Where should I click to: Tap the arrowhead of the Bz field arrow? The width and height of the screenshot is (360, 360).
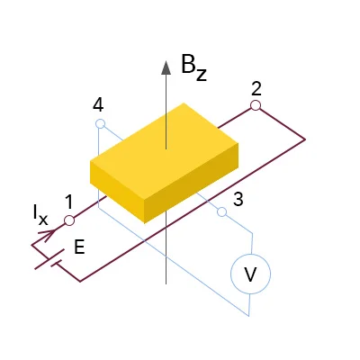tap(166, 67)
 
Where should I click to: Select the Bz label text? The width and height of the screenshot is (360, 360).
tap(193, 67)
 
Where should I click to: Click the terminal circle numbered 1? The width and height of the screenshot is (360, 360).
tap(69, 220)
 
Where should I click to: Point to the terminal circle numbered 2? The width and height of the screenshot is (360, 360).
tap(256, 105)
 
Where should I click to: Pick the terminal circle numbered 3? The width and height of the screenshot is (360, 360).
tap(221, 211)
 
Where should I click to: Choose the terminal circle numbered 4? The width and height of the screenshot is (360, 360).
tap(100, 123)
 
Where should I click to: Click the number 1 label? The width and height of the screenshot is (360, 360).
tap(69, 202)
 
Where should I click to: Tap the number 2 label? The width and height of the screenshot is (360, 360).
tap(256, 89)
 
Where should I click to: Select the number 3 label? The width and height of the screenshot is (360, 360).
tap(238, 199)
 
